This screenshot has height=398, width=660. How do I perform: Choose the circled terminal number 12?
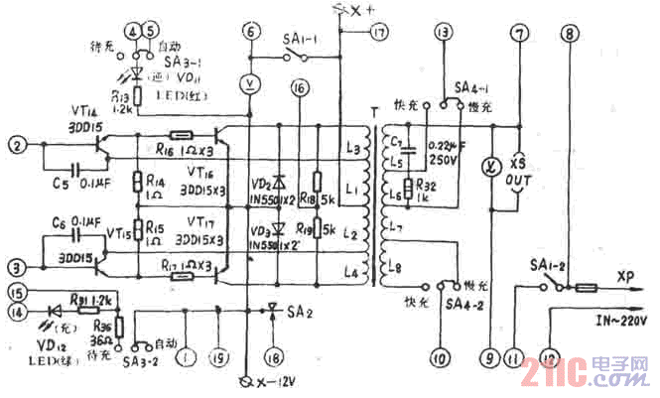[552, 355]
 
